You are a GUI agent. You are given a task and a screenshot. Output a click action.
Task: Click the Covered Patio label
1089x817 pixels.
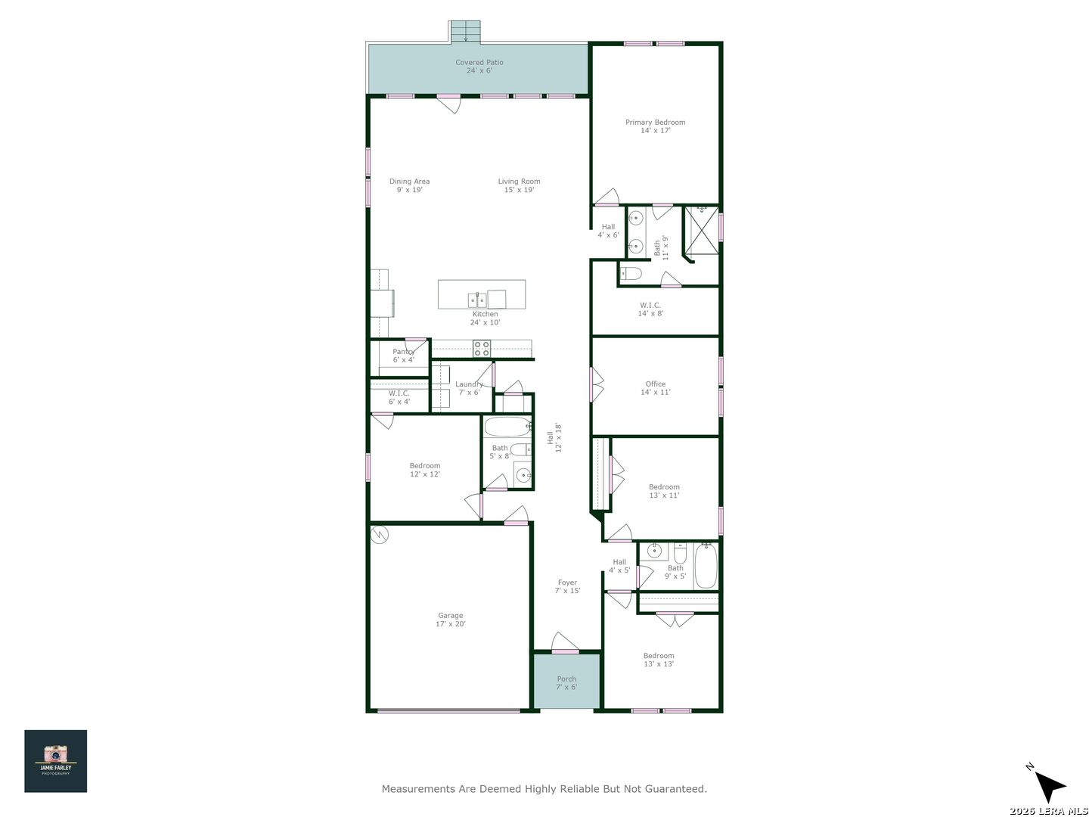click(479, 66)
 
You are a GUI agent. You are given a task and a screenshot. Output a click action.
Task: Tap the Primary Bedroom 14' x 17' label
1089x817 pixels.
click(655, 126)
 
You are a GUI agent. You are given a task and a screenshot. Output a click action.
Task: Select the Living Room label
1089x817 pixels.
click(519, 185)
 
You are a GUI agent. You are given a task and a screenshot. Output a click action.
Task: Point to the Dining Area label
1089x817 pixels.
click(409, 185)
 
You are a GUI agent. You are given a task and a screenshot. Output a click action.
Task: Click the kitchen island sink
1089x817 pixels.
click(476, 300)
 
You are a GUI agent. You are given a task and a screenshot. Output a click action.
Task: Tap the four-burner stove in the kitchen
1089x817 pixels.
click(481, 348)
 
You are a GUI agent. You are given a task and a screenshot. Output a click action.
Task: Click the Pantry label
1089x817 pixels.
click(403, 356)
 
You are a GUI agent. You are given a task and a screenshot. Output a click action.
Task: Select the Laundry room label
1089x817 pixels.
click(469, 388)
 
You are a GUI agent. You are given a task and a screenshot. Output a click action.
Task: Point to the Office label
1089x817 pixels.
click(656, 387)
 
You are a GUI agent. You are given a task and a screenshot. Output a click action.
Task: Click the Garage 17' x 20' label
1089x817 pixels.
click(451, 619)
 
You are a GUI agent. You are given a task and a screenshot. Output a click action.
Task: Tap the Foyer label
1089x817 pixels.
click(568, 586)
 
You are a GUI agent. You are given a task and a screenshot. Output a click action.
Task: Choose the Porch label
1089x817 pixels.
click(566, 682)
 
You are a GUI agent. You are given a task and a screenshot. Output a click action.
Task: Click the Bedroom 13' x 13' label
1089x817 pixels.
click(659, 659)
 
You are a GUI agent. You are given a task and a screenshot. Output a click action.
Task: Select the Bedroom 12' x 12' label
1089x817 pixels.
click(425, 469)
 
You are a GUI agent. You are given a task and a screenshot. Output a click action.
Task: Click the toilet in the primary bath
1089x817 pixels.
click(631, 273)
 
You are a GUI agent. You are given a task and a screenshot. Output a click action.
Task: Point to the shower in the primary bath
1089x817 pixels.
click(701, 230)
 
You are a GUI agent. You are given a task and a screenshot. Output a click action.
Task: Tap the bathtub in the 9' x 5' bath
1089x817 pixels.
click(706, 566)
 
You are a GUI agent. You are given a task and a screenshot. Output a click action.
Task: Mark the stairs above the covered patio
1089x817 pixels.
click(464, 31)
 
